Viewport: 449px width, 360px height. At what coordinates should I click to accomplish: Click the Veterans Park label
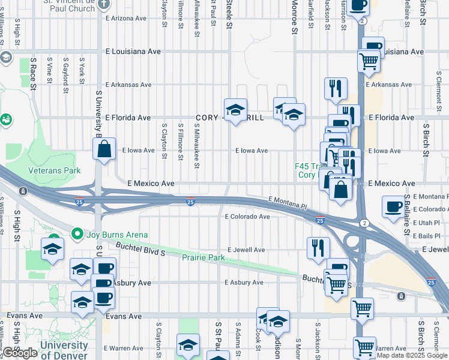pyautogui.click(x=54, y=170)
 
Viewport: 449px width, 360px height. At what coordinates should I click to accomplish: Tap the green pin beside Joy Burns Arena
pyautogui.click(x=76, y=233)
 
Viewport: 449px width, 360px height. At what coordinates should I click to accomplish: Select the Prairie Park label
pyautogui.click(x=203, y=257)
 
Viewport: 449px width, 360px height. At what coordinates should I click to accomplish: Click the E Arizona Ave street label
pyautogui.click(x=126, y=19)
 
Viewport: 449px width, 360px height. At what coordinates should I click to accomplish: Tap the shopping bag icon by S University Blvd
pyautogui.click(x=104, y=150)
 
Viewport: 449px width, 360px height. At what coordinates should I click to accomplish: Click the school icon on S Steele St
pyautogui.click(x=236, y=110)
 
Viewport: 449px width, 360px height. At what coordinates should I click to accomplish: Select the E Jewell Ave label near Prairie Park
pyautogui.click(x=246, y=250)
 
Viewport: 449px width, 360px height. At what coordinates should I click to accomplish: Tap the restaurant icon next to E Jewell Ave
pyautogui.click(x=318, y=248)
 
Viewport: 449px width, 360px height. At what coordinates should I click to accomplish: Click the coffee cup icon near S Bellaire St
pyautogui.click(x=393, y=206)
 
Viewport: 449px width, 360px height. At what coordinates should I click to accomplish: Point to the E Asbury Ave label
pyautogui.click(x=244, y=282)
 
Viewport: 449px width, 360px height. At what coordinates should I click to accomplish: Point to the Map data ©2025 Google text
pyautogui.click(x=412, y=355)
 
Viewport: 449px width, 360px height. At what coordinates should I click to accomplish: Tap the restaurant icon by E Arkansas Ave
pyautogui.click(x=336, y=88)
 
